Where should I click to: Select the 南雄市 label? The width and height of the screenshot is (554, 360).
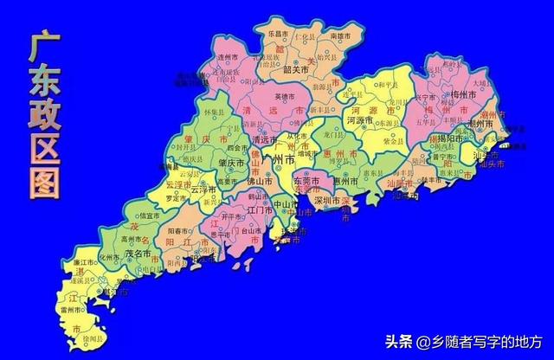[x=340, y=37]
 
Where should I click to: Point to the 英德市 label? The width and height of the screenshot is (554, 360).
[x=285, y=96]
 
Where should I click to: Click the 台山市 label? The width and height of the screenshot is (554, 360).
[x=228, y=232]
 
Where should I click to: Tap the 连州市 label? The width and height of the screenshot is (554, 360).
[x=228, y=56]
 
